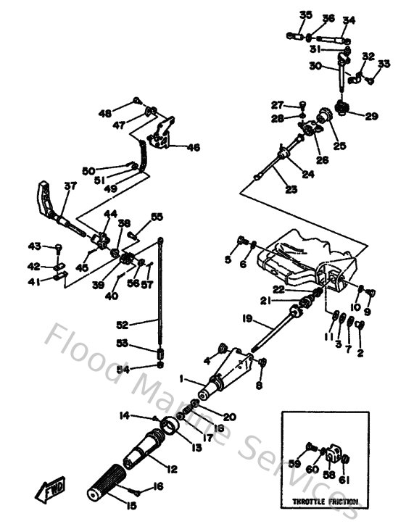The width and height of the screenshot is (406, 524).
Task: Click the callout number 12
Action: (172, 469)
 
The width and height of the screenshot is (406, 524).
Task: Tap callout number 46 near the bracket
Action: (193, 147)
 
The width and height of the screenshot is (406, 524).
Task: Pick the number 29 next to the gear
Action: (371, 116)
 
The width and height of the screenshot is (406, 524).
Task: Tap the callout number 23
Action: (270, 190)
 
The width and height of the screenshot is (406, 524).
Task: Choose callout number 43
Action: (34, 246)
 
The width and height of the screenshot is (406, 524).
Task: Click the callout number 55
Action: (157, 217)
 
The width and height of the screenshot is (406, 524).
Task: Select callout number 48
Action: (106, 112)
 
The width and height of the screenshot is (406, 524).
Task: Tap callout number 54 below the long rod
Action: (124, 369)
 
